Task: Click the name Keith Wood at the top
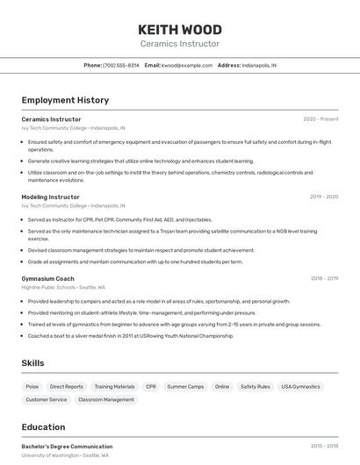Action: pyautogui.click(x=180, y=29)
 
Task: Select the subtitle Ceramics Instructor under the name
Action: pyautogui.click(x=180, y=44)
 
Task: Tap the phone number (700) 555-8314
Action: pyautogui.click(x=121, y=65)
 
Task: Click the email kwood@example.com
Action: pyautogui.click(x=187, y=65)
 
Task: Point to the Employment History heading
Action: pyautogui.click(x=65, y=100)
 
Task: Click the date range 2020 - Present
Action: pyautogui.click(x=320, y=119)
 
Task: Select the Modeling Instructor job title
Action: pyautogui.click(x=50, y=197)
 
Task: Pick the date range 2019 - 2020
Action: pyautogui.click(x=324, y=197)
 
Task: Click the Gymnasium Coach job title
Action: pyautogui.click(x=47, y=279)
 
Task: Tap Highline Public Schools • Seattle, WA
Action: pyautogui.click(x=63, y=287)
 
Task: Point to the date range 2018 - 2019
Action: pyautogui.click(x=324, y=279)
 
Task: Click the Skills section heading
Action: pyautogui.click(x=33, y=363)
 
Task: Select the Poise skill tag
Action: pyautogui.click(x=32, y=386)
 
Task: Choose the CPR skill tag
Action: pyautogui.click(x=151, y=386)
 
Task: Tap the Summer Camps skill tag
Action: pyautogui.click(x=185, y=386)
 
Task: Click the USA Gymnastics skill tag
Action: pyautogui.click(x=300, y=386)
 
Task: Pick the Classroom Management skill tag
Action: pyautogui.click(x=106, y=399)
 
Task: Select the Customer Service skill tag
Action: pyautogui.click(x=46, y=399)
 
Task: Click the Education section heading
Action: pyautogui.click(x=43, y=427)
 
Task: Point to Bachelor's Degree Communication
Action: pyautogui.click(x=67, y=447)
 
